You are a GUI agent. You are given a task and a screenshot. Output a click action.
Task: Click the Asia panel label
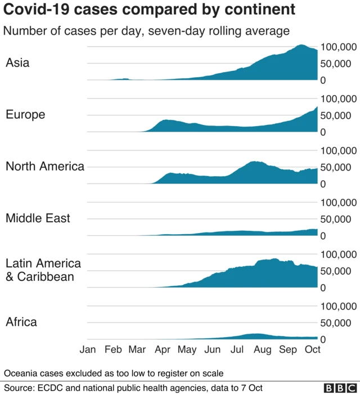pyautogui.click(x=17, y=63)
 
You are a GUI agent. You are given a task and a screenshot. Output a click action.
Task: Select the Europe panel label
pyautogui.click(x=25, y=115)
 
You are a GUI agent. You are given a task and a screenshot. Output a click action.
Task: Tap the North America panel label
pyautogui.click(x=45, y=167)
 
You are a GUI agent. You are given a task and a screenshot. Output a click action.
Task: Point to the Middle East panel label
pyautogui.click(x=38, y=218)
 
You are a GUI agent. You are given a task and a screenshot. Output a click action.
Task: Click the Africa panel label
pyautogui.click(x=21, y=323)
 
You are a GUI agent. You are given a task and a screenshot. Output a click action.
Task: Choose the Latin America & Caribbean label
pyautogui.click(x=43, y=270)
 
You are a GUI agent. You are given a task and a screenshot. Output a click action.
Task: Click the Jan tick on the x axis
pyautogui.click(x=88, y=350)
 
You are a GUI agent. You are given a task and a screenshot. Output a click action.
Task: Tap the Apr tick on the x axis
pyautogui.click(x=163, y=350)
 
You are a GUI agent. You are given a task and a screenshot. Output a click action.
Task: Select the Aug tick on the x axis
pyautogui.click(x=263, y=350)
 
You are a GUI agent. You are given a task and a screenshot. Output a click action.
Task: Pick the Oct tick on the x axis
pyautogui.click(x=312, y=350)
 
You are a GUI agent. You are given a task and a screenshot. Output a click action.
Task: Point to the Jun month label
pyautogui.click(x=212, y=350)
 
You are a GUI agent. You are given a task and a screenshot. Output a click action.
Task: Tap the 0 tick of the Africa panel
pyautogui.click(x=323, y=339)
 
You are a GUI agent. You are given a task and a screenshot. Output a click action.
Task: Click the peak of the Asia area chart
pyautogui.click(x=301, y=45)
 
